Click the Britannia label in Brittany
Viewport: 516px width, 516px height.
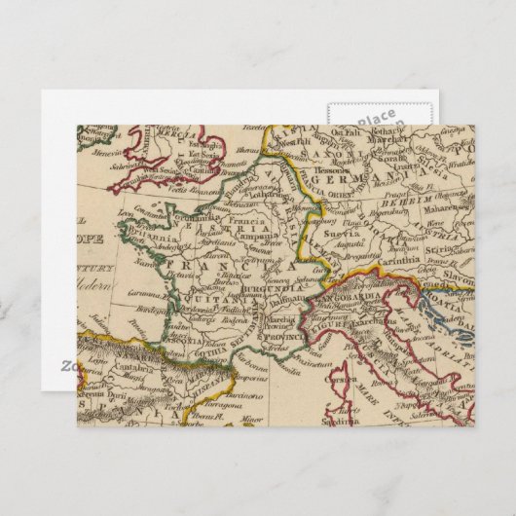click(x=143, y=237)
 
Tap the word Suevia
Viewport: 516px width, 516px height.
click(x=343, y=234)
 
